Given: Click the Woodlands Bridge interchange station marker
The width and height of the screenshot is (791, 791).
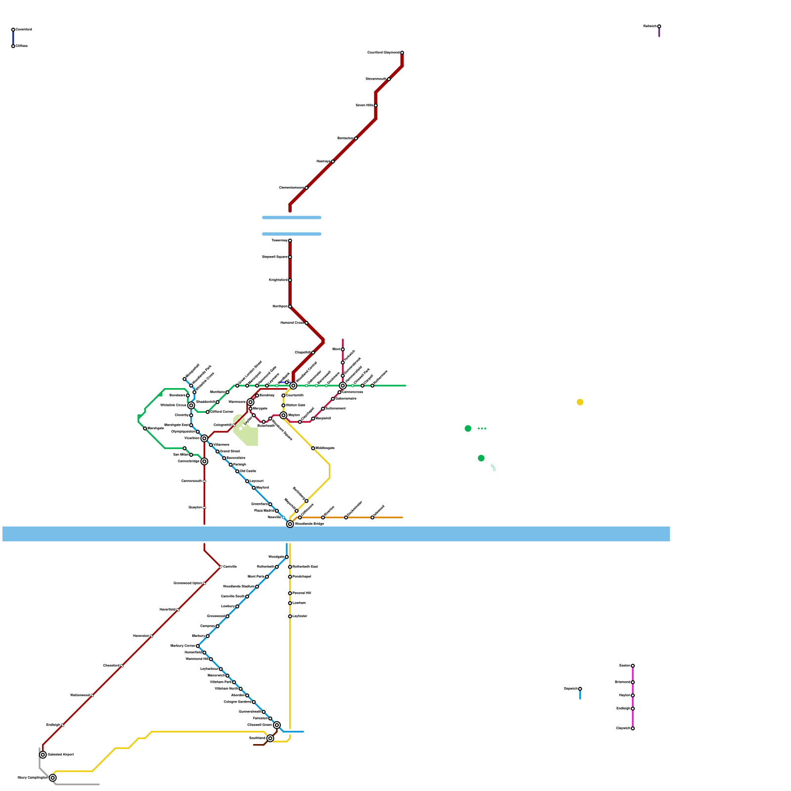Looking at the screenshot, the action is pyautogui.click(x=290, y=524).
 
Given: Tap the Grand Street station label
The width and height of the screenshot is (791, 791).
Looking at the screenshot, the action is pyautogui.click(x=230, y=451).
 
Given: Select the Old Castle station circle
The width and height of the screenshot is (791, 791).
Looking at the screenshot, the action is pyautogui.click(x=237, y=471).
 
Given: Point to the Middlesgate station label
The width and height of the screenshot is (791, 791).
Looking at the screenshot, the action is pyautogui.click(x=325, y=448).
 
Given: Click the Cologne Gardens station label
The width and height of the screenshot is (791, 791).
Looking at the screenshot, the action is pyautogui.click(x=238, y=702).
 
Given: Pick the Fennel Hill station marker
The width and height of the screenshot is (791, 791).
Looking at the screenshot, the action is pyautogui.click(x=290, y=593).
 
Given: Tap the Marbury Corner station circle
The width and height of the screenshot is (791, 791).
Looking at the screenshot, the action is pyautogui.click(x=198, y=646).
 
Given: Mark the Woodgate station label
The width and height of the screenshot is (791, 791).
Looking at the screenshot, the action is pyautogui.click(x=276, y=557).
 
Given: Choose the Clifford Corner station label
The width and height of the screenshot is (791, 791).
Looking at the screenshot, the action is pyautogui.click(x=222, y=412).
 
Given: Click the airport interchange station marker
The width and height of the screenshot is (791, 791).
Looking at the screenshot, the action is pyautogui.click(x=43, y=755).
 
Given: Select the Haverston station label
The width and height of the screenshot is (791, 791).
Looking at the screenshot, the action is pyautogui.click(x=141, y=636).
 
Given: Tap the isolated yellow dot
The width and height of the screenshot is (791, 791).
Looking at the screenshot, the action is pyautogui.click(x=580, y=402).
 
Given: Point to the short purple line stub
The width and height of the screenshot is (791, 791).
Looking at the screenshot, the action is pyautogui.click(x=659, y=33).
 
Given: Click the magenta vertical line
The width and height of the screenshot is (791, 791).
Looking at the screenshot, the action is pyautogui.click(x=633, y=697).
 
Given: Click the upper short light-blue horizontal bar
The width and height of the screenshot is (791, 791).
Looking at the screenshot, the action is pyautogui.click(x=292, y=218).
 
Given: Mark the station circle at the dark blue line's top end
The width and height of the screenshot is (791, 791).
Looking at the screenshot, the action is pyautogui.click(x=13, y=30).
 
